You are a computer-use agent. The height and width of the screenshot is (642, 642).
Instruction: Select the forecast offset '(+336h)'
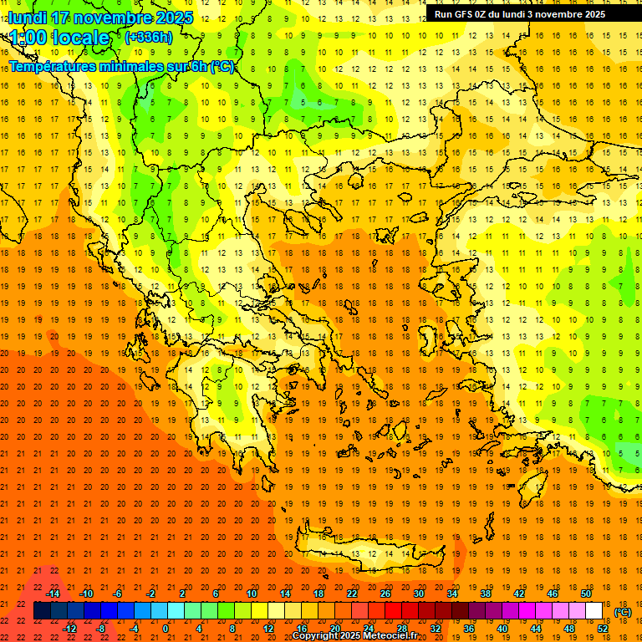point(148,37)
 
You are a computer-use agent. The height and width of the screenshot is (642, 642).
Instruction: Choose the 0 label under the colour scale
point(166,628)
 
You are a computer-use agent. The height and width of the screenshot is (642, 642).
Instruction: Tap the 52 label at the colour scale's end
point(603,628)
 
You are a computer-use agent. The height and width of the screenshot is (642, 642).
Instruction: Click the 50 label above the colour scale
point(586,594)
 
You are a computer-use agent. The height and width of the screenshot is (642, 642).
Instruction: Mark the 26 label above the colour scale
point(385,594)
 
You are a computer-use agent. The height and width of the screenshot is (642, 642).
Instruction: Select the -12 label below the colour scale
point(69,628)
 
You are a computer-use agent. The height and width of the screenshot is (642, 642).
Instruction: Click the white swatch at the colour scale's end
point(594,611)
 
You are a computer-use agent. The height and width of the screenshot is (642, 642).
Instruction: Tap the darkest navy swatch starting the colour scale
point(42,611)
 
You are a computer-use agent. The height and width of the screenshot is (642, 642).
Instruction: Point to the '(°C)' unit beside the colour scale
point(624,612)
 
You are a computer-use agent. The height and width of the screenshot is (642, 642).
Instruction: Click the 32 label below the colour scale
point(436,628)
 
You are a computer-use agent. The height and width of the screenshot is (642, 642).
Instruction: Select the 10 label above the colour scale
point(252,594)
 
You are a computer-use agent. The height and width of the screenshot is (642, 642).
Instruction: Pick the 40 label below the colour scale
point(502,628)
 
